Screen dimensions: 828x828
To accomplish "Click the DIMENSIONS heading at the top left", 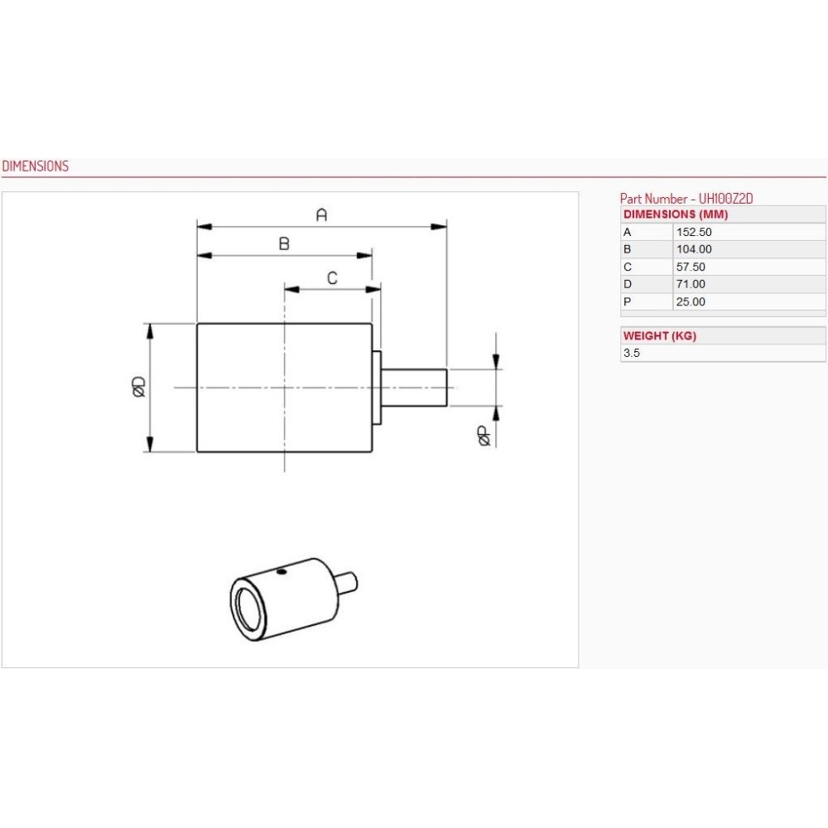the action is (x=36, y=166).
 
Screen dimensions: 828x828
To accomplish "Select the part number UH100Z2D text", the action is (x=725, y=199).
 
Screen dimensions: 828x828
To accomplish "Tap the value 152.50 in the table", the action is (x=693, y=232).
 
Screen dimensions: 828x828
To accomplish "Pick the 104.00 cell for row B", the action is (x=693, y=249).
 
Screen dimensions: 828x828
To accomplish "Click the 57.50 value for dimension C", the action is (x=691, y=267).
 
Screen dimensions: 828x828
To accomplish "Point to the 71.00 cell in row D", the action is (x=691, y=284).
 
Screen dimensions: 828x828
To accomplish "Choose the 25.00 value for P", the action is (x=691, y=301).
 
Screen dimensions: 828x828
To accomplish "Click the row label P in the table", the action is (x=627, y=301).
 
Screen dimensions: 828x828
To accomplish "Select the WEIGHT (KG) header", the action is (x=660, y=336).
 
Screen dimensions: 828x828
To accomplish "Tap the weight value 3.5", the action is (x=631, y=353).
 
